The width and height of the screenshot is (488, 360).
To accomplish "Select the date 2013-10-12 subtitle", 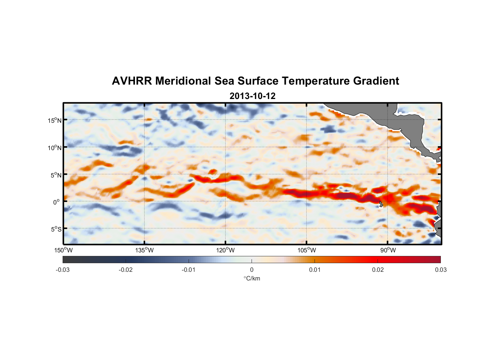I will tap(252, 96).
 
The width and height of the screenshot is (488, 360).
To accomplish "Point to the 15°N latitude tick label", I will tap(55, 120).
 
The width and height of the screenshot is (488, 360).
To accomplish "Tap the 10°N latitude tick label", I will tap(55, 148).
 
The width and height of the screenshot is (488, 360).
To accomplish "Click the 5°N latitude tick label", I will tap(56, 175).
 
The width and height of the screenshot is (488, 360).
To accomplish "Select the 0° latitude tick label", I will tap(57, 202).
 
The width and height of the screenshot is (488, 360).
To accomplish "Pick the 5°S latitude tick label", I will tap(56, 229).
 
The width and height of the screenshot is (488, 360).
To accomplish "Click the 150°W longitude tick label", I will tap(63, 250).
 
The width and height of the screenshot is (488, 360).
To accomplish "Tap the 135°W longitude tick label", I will tap(145, 250).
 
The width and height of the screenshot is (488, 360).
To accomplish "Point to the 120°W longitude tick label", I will tap(226, 250).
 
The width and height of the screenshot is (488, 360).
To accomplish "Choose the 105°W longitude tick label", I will tap(307, 250).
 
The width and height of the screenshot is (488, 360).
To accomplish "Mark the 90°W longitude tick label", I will tap(388, 250).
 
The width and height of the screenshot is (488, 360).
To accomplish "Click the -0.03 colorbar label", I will tap(63, 270).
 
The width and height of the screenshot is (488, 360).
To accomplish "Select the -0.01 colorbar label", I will tap(189, 270).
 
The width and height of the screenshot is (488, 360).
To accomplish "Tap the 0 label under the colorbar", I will tap(252, 270).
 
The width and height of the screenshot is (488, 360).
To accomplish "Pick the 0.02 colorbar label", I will tap(378, 270).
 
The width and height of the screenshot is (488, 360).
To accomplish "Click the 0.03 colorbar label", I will tap(440, 270).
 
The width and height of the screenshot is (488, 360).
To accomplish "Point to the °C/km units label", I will tap(252, 278).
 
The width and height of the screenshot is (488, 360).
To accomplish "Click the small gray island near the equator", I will tap(381, 204).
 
